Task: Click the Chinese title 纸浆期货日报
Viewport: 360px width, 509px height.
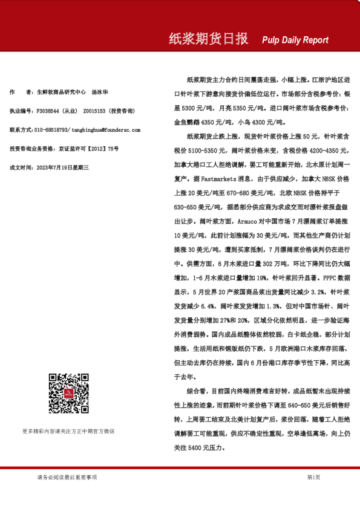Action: [208, 39]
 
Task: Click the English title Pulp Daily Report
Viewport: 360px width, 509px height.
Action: [295, 41]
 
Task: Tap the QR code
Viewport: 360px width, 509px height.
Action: [68, 394]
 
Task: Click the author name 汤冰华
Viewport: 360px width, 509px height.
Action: [100, 92]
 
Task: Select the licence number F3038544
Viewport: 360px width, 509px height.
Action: [48, 111]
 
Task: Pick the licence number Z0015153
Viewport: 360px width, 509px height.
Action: [95, 111]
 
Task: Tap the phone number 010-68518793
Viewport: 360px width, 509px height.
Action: [51, 129]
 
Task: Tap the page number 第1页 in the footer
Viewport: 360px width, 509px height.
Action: [313, 477]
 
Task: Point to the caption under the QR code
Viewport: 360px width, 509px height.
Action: [68, 431]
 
